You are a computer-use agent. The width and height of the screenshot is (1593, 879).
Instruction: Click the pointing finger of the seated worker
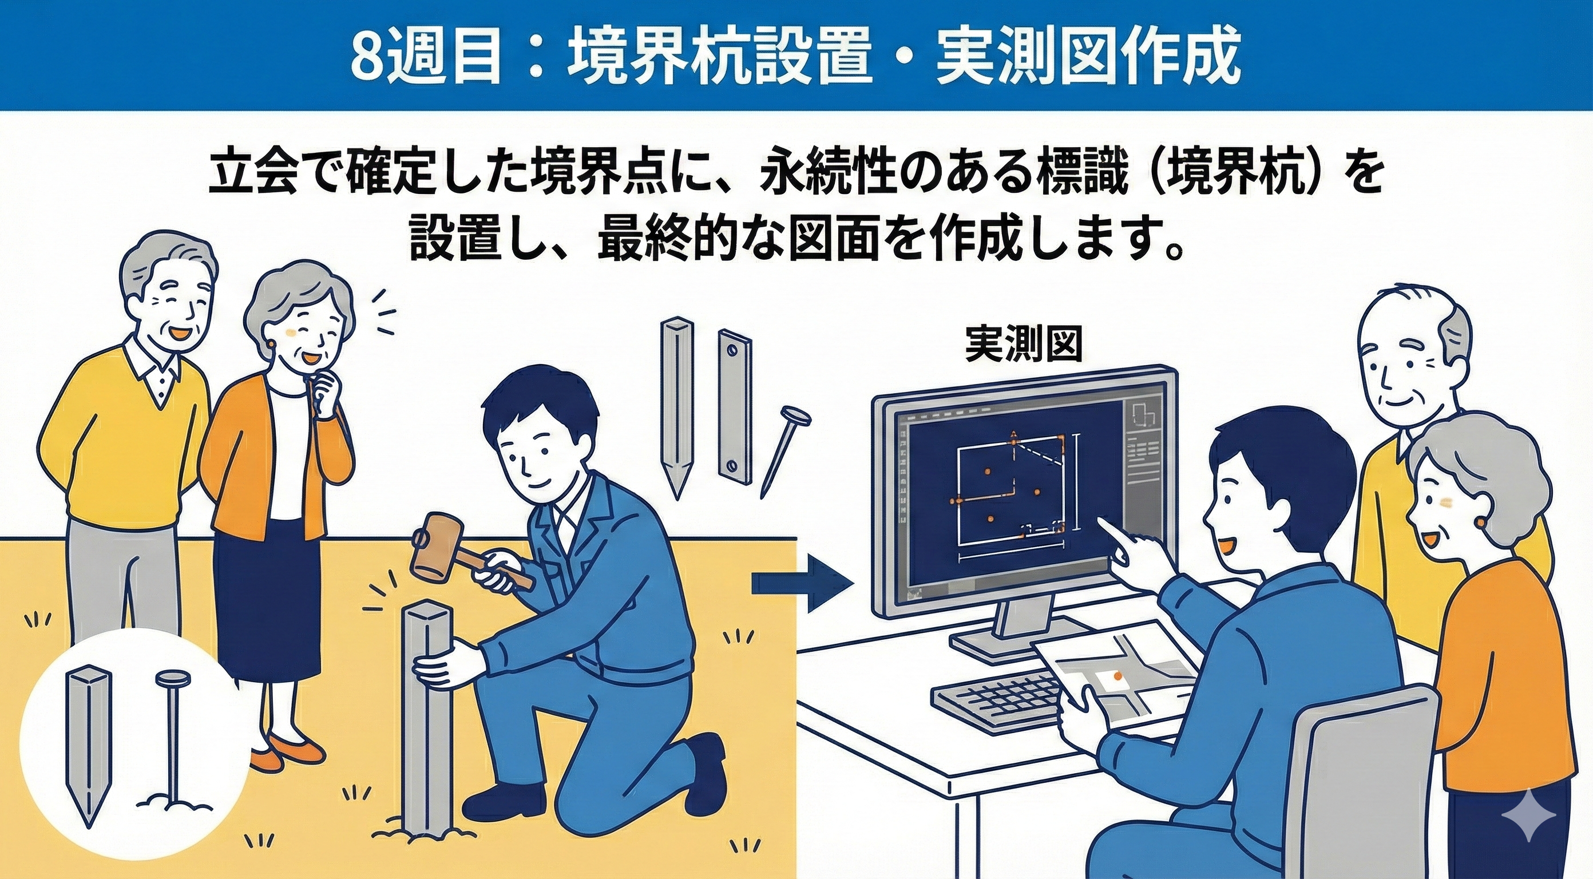(x=1102, y=522)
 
